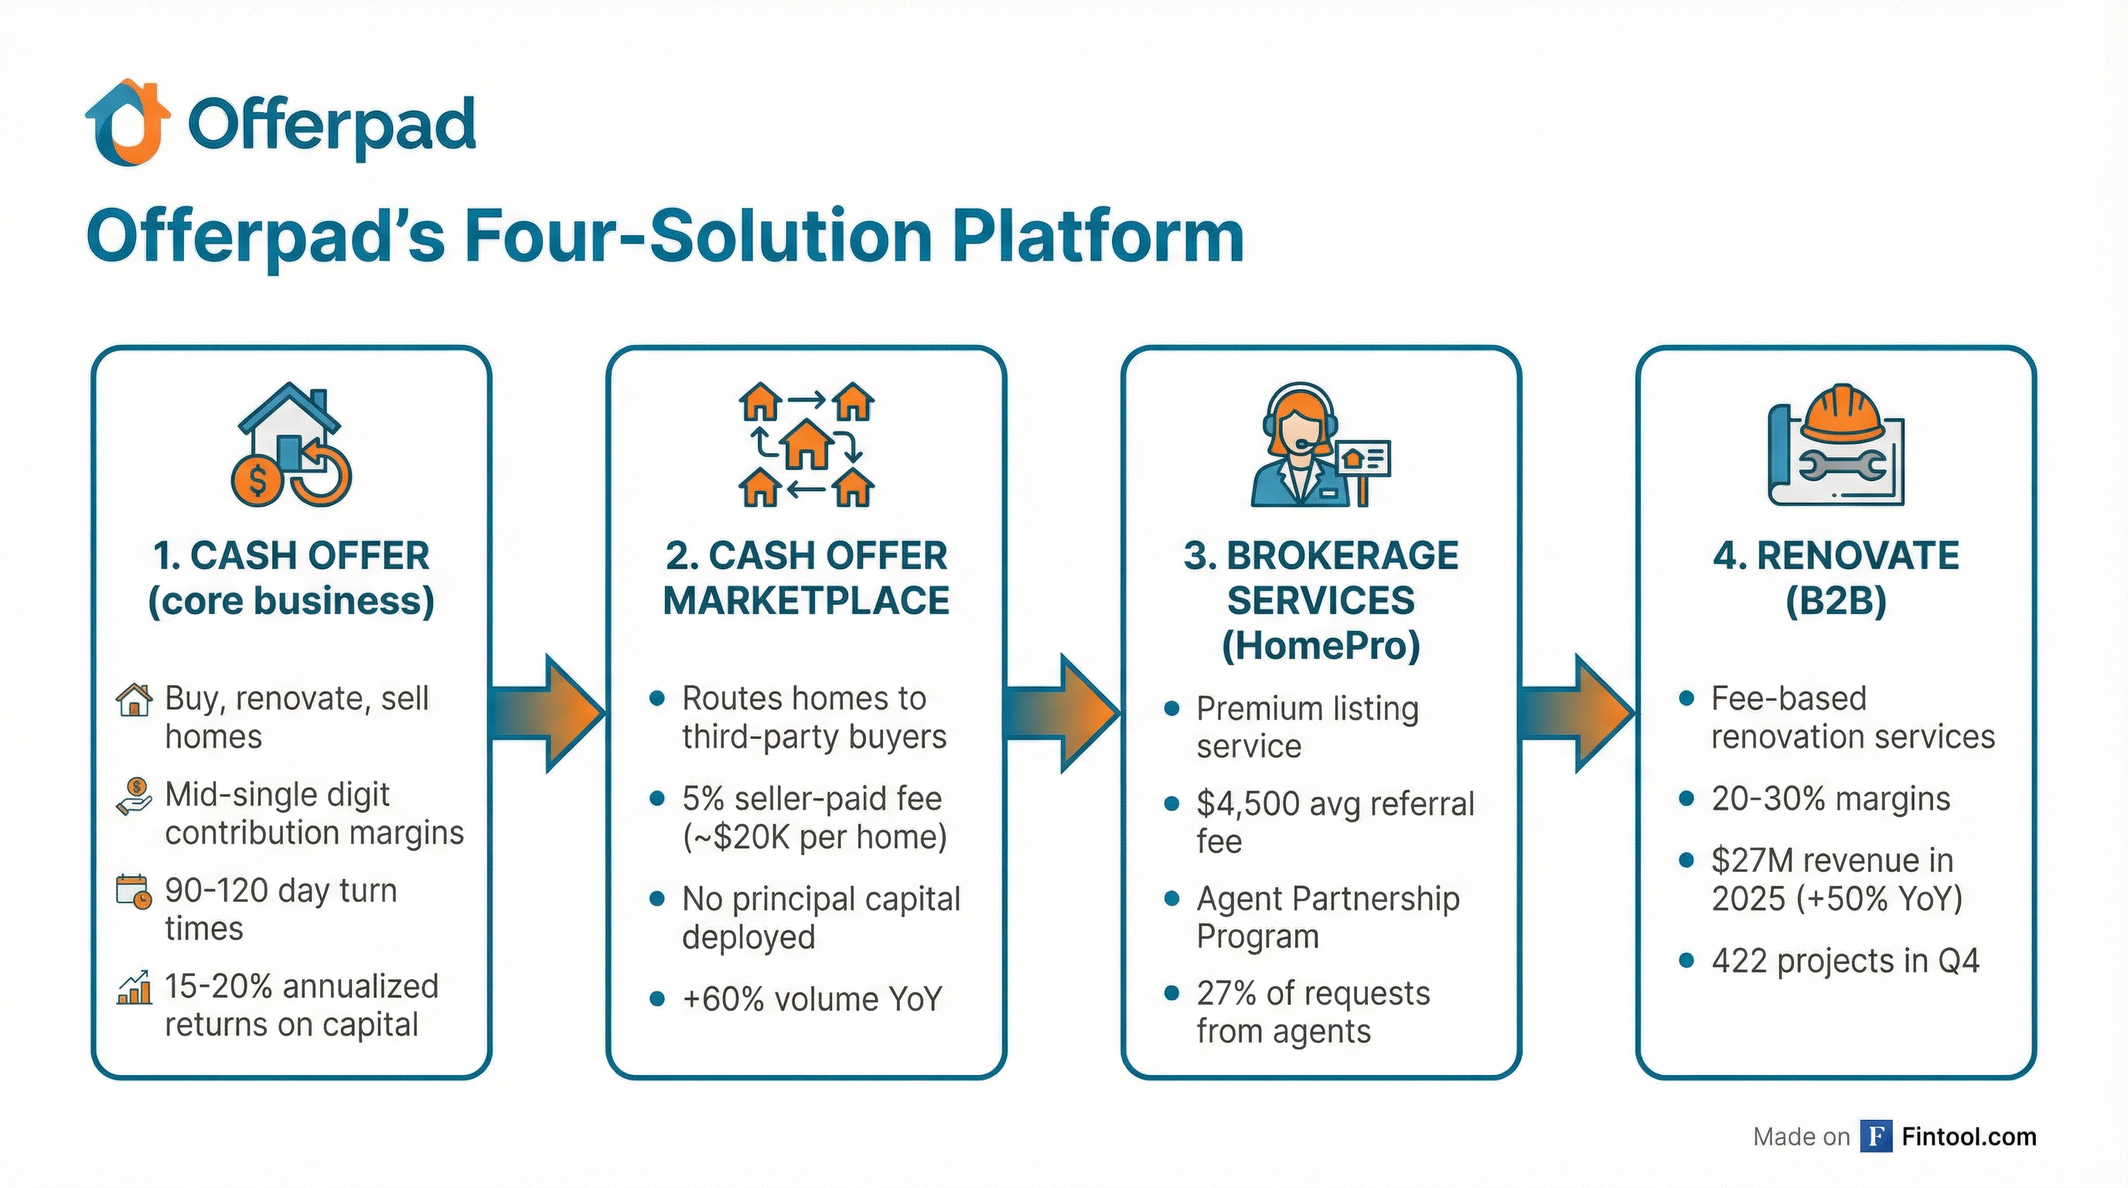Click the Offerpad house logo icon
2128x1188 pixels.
(x=128, y=122)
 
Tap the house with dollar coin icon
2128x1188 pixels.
(x=291, y=445)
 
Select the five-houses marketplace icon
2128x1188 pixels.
(x=807, y=445)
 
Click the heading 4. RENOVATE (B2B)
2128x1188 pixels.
(x=1836, y=578)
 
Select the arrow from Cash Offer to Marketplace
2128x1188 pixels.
(x=549, y=713)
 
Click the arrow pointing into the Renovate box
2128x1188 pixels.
(x=1577, y=713)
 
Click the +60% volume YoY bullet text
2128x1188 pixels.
(x=811, y=999)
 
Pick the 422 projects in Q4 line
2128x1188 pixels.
(x=1846, y=961)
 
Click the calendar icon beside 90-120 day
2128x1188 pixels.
(x=133, y=893)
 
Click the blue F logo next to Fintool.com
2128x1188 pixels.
(x=1876, y=1136)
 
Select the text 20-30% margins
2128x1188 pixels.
(x=1830, y=799)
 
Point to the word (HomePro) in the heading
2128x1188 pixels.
(x=1320, y=645)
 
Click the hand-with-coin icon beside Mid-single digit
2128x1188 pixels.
(x=134, y=797)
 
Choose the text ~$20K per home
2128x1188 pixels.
(x=813, y=837)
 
